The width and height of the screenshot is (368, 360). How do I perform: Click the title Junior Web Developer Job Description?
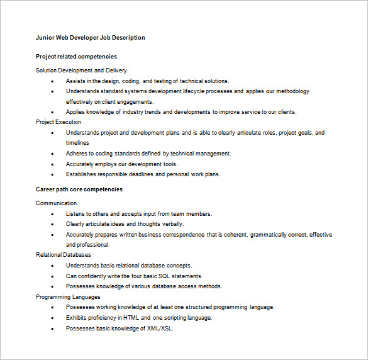coord(90,38)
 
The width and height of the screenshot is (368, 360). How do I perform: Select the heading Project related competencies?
coord(76,57)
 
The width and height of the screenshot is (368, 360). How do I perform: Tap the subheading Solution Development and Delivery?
coord(81,70)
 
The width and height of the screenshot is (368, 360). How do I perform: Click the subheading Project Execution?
coord(59,122)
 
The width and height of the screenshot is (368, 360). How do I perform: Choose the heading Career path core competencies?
coord(79,189)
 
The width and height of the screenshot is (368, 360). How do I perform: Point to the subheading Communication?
coord(57,203)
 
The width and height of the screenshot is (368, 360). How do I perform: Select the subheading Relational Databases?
coord(64,255)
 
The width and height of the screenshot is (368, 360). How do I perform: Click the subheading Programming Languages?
coord(68,296)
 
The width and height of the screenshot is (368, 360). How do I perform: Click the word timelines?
coord(78,143)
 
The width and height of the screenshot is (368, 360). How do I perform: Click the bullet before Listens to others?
coord(52,214)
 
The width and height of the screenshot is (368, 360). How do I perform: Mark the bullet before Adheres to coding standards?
coord(52,154)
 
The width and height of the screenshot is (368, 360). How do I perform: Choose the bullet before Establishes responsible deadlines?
coord(52,174)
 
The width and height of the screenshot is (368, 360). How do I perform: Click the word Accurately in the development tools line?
coord(81,164)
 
